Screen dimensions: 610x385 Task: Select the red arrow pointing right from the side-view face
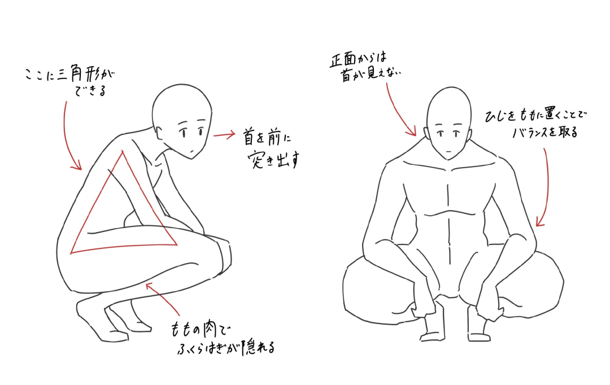224,134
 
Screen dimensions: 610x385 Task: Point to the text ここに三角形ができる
70,81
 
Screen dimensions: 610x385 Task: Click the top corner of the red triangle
123,151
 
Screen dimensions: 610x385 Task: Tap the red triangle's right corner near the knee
177,244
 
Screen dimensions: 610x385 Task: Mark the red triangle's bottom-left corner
71,253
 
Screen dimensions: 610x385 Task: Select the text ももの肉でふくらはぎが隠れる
223,339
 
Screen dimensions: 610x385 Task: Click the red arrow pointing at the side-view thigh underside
163,299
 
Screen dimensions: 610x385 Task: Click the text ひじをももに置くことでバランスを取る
535,124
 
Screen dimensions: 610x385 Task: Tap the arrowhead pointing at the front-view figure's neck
412,132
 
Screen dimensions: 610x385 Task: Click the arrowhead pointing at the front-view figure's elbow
539,222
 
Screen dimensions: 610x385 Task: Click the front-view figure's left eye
441,133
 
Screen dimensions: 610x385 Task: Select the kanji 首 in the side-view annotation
249,137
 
